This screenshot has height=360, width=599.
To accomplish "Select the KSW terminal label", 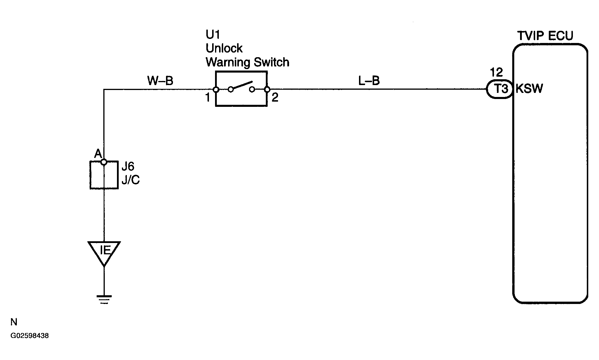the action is [529, 88].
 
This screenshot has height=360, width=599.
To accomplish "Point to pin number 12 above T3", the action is [496, 72].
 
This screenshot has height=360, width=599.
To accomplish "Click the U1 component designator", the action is [213, 35].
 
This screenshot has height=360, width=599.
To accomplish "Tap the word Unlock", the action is [224, 48].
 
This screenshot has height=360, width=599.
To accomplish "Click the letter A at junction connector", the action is [98, 154].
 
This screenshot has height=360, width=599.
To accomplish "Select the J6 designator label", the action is [128, 167].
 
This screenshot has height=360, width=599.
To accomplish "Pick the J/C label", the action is [131, 180].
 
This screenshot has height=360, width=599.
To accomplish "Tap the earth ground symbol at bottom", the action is [104, 299].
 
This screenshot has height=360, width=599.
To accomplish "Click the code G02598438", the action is [30, 336].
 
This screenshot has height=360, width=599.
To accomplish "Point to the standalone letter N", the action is [14, 322].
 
